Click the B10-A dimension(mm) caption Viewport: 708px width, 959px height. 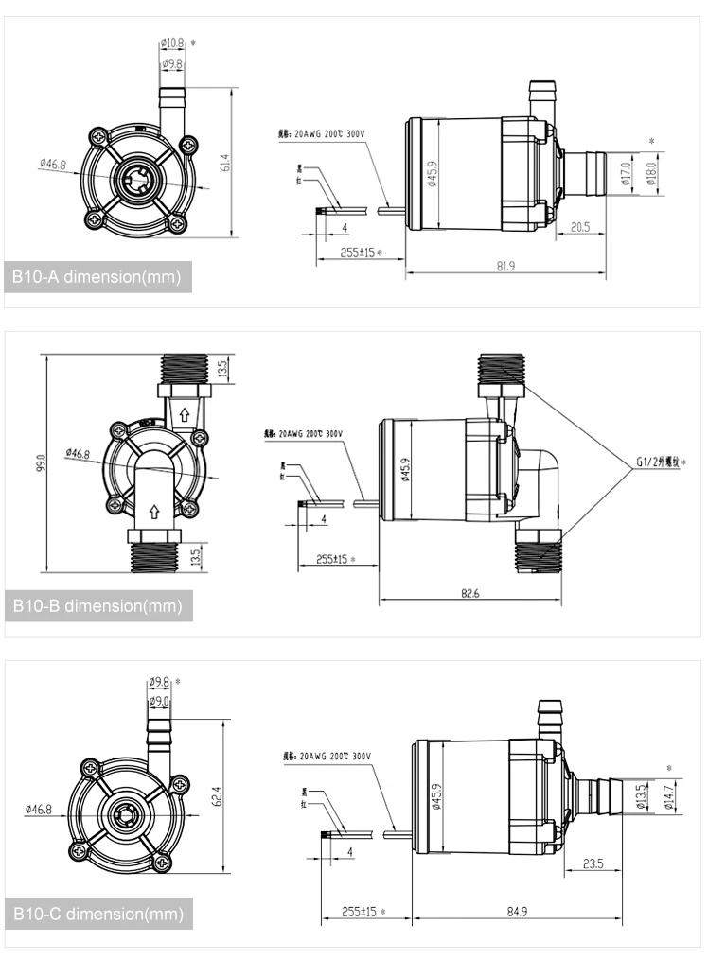[x=97, y=277]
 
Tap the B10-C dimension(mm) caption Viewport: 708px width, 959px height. [x=97, y=914]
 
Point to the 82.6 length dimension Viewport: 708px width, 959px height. [x=469, y=592]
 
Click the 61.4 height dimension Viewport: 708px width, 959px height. [x=224, y=163]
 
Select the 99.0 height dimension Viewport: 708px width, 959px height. [x=41, y=463]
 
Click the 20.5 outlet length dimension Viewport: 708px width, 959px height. [x=580, y=227]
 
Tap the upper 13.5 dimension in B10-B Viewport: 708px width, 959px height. [x=222, y=367]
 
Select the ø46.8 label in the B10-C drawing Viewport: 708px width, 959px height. [x=39, y=810]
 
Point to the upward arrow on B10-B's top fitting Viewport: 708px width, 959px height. [x=185, y=413]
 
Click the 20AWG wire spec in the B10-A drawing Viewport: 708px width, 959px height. [x=322, y=134]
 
